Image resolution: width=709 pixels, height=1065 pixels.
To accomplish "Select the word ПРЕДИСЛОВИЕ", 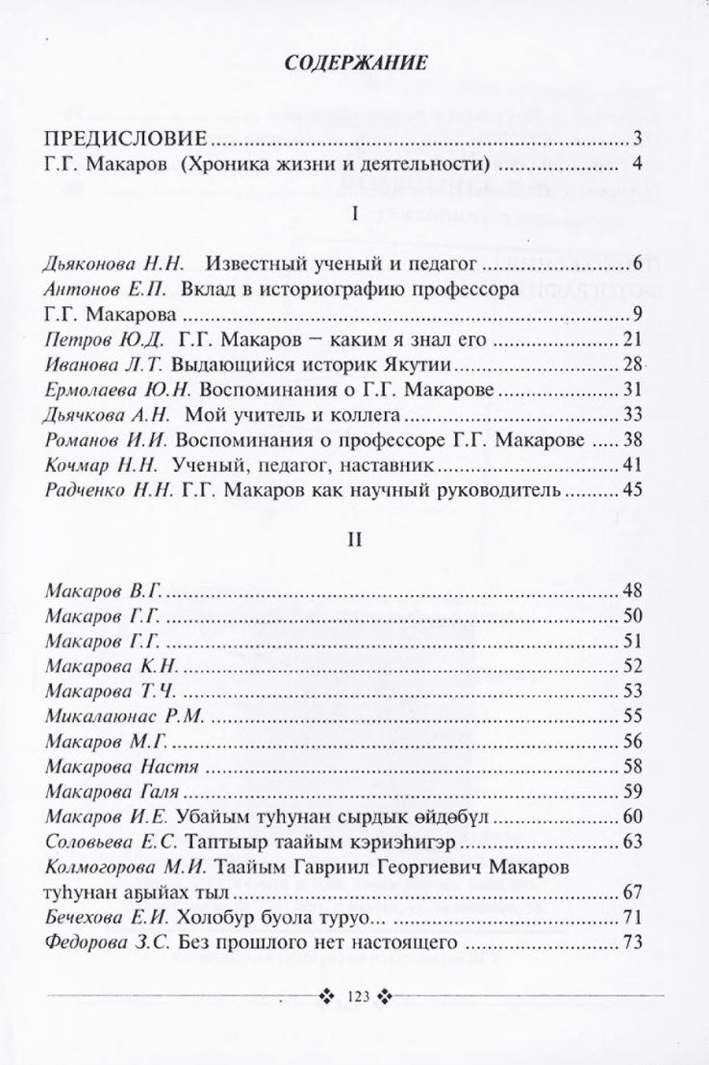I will pyautogui.click(x=127, y=138).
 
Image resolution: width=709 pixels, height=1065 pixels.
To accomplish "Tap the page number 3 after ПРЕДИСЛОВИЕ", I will pyautogui.click(x=638, y=138).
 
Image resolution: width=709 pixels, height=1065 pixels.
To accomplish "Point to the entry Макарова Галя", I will pyautogui.click(x=115, y=792).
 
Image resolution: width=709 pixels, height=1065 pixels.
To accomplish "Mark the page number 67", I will pyautogui.click(x=632, y=893).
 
